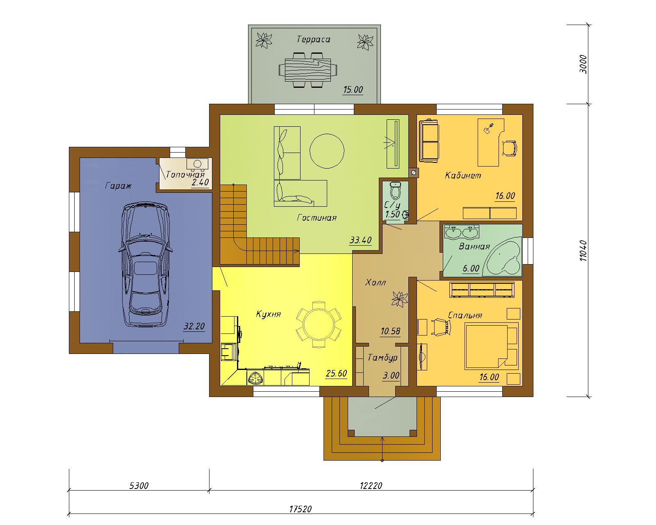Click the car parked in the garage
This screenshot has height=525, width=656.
pos(144,264)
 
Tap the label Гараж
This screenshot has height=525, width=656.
pos(118,185)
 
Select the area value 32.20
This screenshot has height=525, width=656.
pos(194,326)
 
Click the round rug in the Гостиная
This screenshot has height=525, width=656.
pos(327,151)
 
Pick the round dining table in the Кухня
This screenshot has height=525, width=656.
pos(319,324)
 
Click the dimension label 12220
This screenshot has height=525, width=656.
pos(371,485)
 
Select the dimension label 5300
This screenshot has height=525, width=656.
pos(139,485)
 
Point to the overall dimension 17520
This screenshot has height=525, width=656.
pos(301,509)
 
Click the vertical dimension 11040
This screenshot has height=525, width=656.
pos(583,251)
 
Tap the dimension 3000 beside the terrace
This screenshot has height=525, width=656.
pos(583,64)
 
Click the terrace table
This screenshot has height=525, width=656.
pos(308,70)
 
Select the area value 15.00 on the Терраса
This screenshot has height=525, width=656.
pos(353,90)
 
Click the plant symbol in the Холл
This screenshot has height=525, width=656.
pos(400,299)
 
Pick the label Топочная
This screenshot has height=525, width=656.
pos(185,174)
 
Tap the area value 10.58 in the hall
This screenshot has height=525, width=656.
pos(390,331)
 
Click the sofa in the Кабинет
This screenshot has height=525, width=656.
pos(429,141)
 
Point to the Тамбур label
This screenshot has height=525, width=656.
pos(383,357)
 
